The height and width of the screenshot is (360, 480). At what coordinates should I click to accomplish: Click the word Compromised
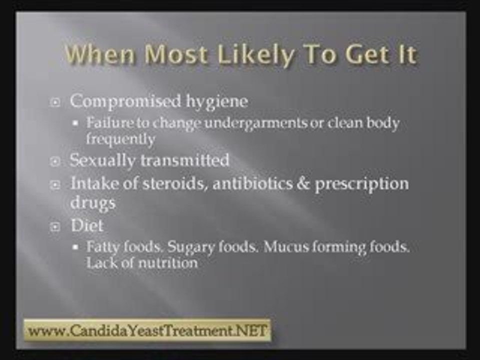point(124,101)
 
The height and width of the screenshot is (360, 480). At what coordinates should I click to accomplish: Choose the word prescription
point(361,183)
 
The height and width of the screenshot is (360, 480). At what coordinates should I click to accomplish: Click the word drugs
point(93,203)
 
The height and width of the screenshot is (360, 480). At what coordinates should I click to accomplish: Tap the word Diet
point(87,225)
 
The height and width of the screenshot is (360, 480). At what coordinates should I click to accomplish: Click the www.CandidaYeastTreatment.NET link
point(147,331)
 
